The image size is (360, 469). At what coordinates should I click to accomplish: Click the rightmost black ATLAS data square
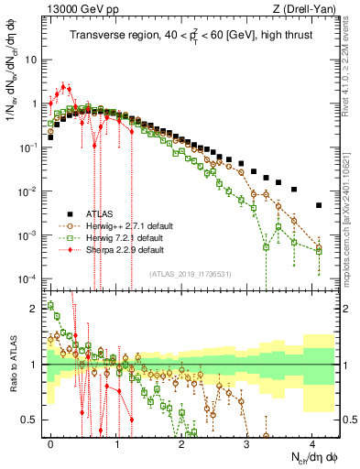click(x=318, y=205)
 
